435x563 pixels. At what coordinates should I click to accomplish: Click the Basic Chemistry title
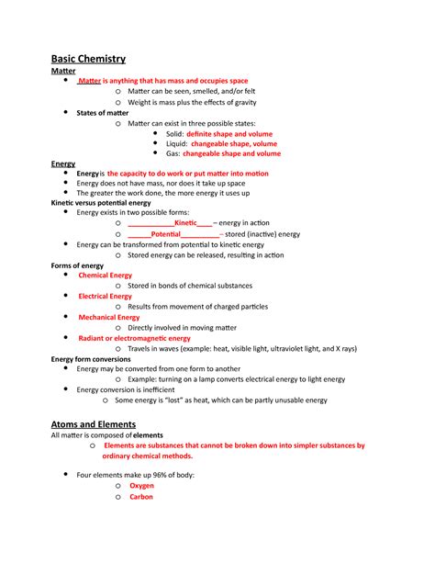(88, 58)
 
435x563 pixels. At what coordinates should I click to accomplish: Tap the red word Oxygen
(141, 485)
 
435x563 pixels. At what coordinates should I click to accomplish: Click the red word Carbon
(141, 497)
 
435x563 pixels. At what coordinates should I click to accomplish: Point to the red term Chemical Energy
(106, 275)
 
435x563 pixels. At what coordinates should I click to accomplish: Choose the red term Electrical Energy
(106, 296)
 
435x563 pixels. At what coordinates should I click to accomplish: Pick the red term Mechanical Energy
(109, 317)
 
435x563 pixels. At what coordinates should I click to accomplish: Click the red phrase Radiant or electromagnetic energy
(134, 338)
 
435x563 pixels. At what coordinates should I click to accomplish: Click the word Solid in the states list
(174, 133)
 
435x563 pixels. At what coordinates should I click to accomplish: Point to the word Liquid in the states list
(176, 143)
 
